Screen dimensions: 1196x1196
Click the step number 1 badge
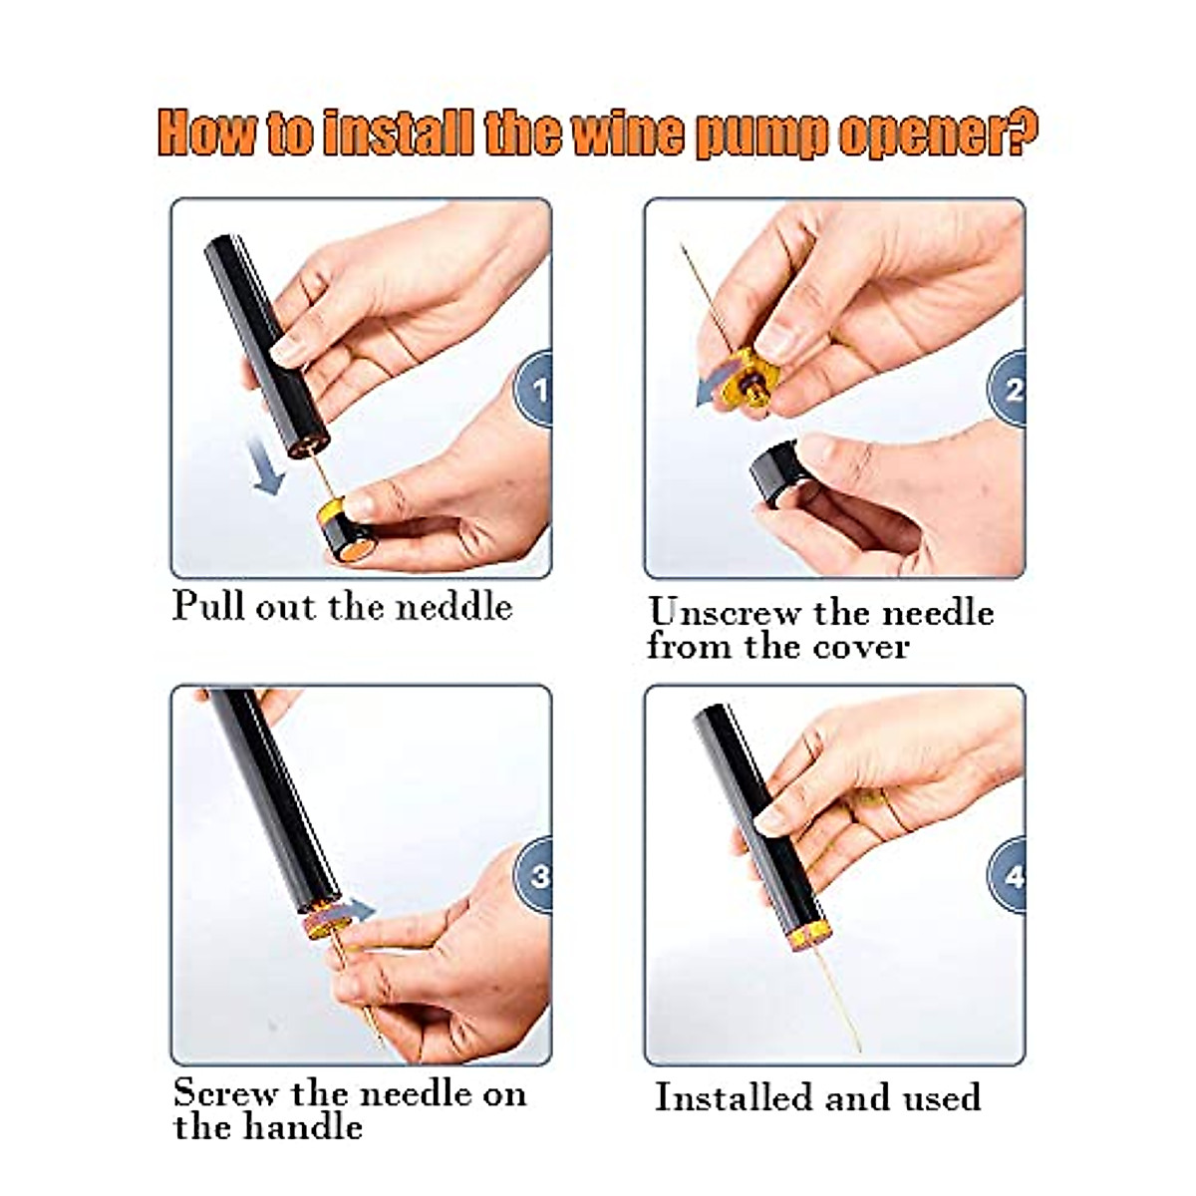click(536, 389)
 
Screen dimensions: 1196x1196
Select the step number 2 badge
click(1010, 389)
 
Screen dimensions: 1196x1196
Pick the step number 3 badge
click(536, 875)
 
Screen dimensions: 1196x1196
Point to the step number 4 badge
click(1010, 876)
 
